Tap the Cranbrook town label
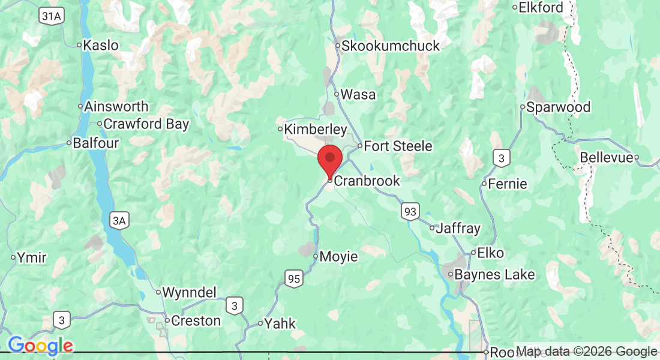tap(367, 181)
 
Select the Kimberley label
tap(315, 129)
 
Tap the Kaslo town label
tap(101, 45)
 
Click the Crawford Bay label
tap(146, 124)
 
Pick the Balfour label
tap(96, 143)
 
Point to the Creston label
tap(196, 320)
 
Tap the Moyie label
tap(338, 257)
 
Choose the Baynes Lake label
tap(495, 275)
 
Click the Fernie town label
tap(508, 184)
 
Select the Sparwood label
tap(558, 107)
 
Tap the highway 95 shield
tap(293, 278)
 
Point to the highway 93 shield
tap(410, 211)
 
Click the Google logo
tap(40, 345)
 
